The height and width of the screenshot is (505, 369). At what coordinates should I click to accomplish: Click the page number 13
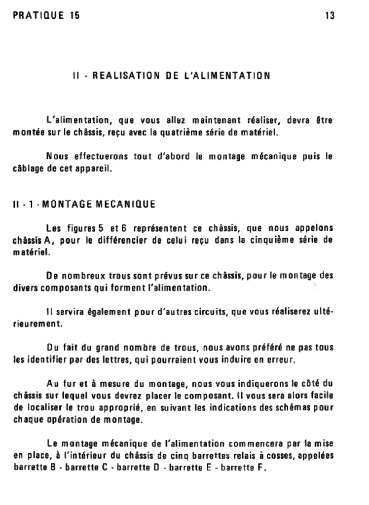pyautogui.click(x=330, y=15)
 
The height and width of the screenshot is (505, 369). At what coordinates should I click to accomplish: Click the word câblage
pyautogui.click(x=26, y=170)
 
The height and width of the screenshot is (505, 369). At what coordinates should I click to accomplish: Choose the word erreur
pyautogui.click(x=282, y=359)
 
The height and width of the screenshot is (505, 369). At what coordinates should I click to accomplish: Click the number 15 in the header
pyautogui.click(x=74, y=15)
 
